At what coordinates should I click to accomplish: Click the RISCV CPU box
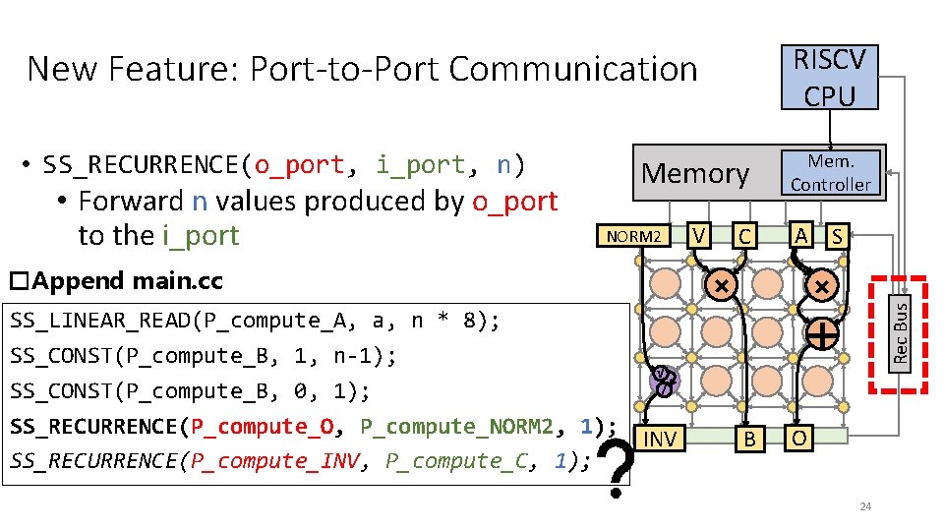click(830, 77)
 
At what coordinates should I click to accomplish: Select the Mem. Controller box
click(831, 172)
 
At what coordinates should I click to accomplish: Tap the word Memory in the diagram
click(695, 173)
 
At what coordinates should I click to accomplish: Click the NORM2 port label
click(637, 236)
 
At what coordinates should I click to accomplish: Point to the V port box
click(698, 235)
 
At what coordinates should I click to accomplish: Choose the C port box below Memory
click(744, 236)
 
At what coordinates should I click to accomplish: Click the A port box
click(802, 234)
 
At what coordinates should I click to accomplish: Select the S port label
click(836, 236)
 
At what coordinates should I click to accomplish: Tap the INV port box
click(658, 439)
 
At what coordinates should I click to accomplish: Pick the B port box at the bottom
click(749, 439)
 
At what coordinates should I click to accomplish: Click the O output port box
click(801, 438)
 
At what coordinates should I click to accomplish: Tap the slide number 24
click(865, 506)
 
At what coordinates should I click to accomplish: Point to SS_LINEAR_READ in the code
click(93, 321)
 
